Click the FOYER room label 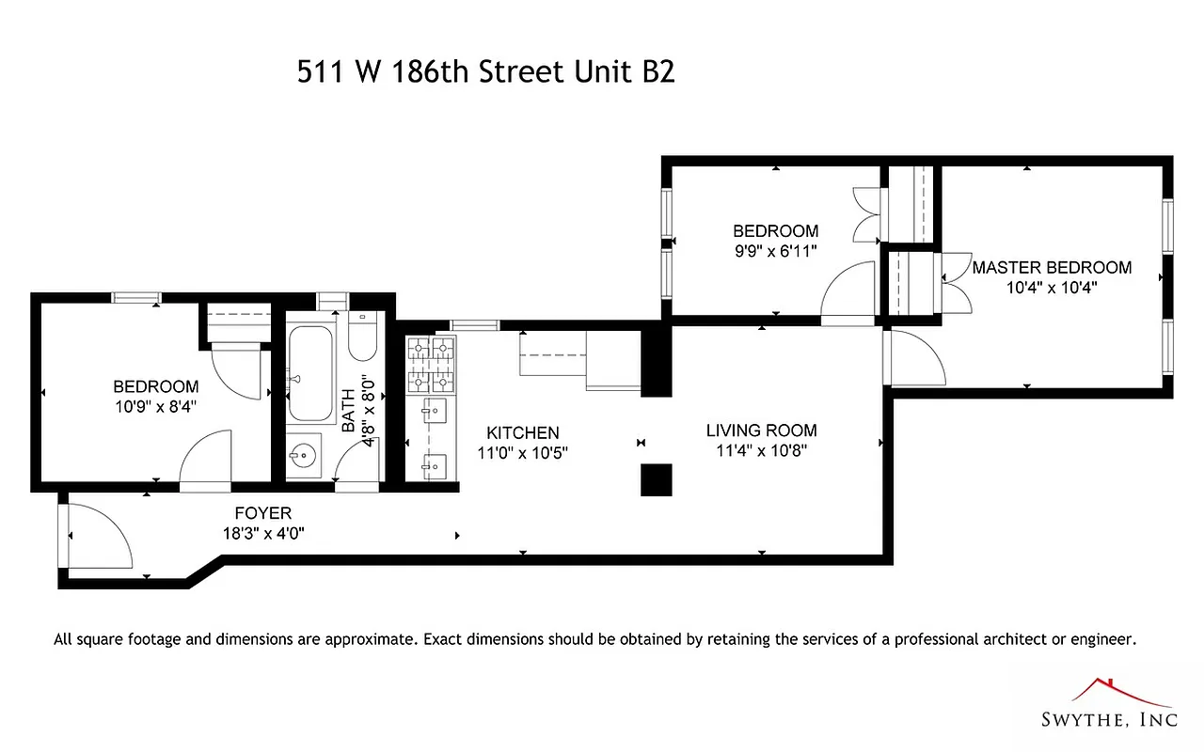(x=262, y=513)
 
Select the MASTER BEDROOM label (x=1052, y=268)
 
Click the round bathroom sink (x=303, y=458)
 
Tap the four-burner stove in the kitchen (x=430, y=367)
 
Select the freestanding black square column (x=656, y=479)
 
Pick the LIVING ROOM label (x=761, y=431)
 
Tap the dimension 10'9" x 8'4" (x=156, y=406)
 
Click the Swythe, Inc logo (x=1108, y=705)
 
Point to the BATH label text (x=349, y=411)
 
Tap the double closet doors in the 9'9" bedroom (x=867, y=215)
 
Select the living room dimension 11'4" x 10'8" (x=761, y=450)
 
